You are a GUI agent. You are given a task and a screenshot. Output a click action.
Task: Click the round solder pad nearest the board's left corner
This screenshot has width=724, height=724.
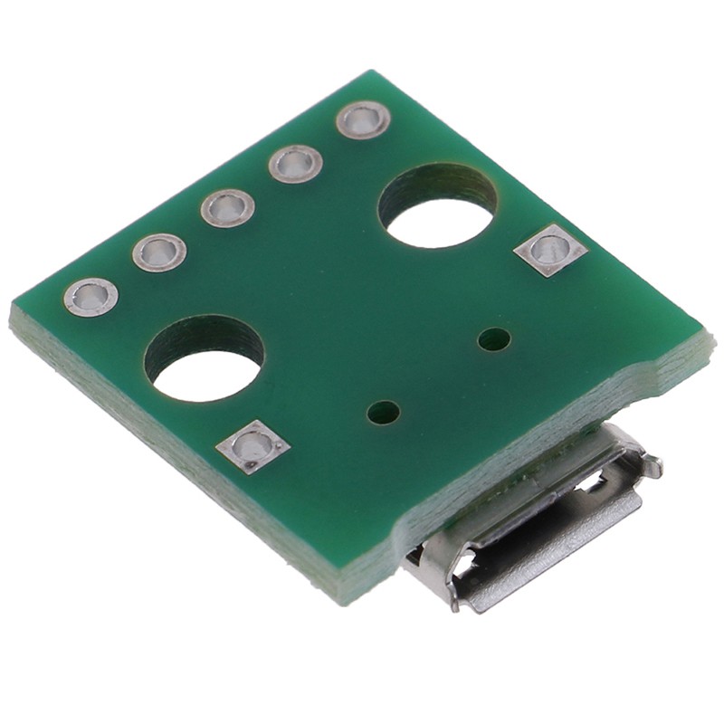(x=90, y=297)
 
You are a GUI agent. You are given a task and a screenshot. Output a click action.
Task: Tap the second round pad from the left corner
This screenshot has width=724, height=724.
(x=159, y=252)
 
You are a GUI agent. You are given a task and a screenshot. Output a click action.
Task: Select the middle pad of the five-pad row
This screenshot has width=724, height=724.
(x=227, y=207)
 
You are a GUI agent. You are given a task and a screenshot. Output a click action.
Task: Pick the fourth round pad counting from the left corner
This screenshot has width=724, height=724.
(x=295, y=164)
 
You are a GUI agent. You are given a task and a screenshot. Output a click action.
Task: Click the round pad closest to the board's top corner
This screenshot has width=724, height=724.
(x=363, y=119)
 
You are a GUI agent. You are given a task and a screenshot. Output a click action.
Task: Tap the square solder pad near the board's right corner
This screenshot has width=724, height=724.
(x=550, y=250)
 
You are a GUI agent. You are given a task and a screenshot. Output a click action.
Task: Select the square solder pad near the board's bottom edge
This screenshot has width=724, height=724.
(x=253, y=446)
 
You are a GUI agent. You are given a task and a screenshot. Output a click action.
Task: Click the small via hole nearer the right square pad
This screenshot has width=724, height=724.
(x=494, y=339)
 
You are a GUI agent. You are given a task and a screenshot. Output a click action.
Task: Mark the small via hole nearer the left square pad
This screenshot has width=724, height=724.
(x=384, y=413)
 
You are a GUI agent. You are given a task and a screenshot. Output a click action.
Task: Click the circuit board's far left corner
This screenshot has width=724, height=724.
(x=13, y=312)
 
